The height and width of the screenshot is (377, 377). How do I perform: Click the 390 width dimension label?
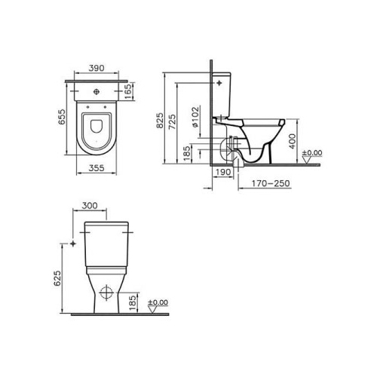(x=97, y=68)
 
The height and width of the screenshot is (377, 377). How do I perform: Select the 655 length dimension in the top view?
(x=62, y=117)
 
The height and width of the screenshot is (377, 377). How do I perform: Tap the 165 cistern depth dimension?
(x=128, y=91)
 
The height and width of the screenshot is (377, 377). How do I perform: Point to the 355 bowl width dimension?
(x=97, y=168)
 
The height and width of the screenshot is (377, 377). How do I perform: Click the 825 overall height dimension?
(x=160, y=121)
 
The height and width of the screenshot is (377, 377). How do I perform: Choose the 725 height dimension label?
(x=172, y=122)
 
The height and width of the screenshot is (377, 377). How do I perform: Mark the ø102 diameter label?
(x=195, y=117)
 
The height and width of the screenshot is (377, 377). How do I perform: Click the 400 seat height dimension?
(x=293, y=141)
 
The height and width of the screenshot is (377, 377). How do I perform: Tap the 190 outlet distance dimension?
(x=223, y=172)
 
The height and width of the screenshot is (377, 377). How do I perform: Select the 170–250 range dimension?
(x=271, y=183)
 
